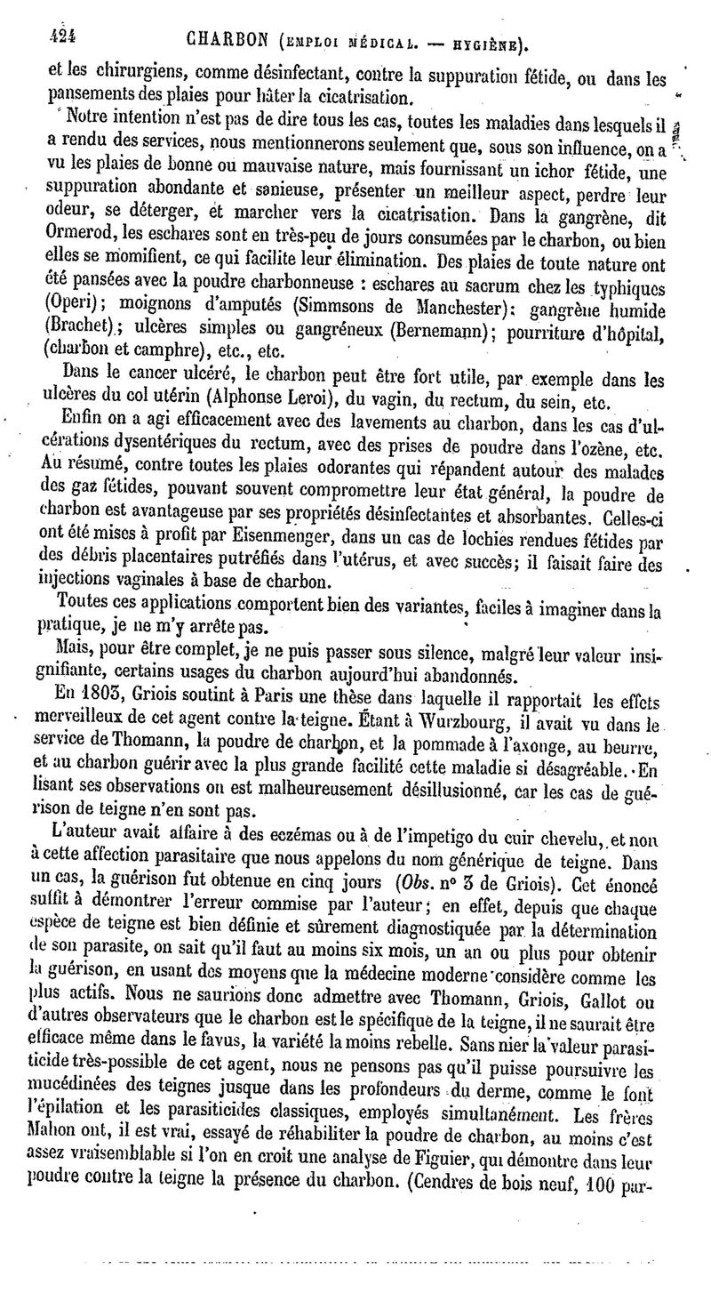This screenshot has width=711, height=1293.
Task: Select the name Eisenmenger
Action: pos(266,538)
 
